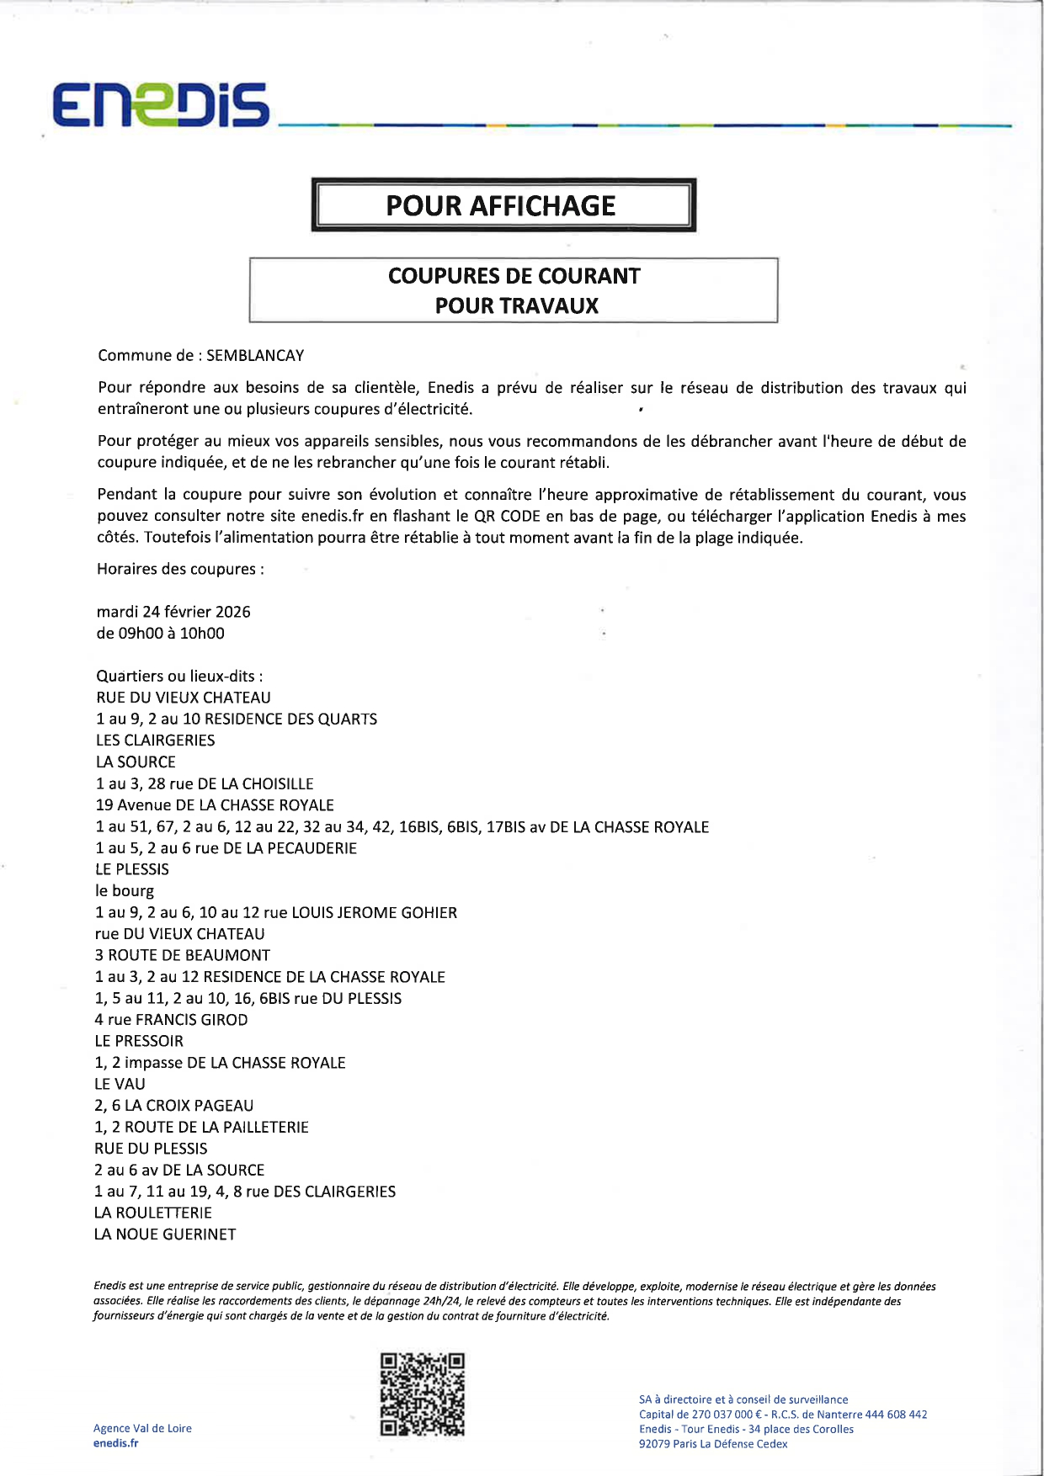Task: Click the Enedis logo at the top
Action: click(161, 105)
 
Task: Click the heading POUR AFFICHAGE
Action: click(501, 205)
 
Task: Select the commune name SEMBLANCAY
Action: click(255, 355)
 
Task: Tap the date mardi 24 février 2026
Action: click(173, 612)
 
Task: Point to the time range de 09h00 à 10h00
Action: click(161, 633)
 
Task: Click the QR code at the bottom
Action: click(422, 1394)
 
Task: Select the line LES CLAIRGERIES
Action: click(156, 741)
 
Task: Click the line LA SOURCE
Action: click(136, 762)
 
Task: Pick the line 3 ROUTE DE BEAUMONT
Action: click(183, 955)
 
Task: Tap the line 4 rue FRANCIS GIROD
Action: click(171, 1020)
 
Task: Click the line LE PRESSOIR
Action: click(139, 1041)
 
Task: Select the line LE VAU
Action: click(120, 1084)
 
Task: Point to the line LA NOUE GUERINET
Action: click(165, 1234)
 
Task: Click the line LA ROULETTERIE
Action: click(153, 1213)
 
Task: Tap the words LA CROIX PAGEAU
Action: click(189, 1106)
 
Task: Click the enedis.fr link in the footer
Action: click(115, 1442)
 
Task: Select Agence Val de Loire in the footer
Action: click(142, 1428)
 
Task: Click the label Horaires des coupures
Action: click(180, 569)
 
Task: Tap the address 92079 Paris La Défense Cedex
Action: click(713, 1444)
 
